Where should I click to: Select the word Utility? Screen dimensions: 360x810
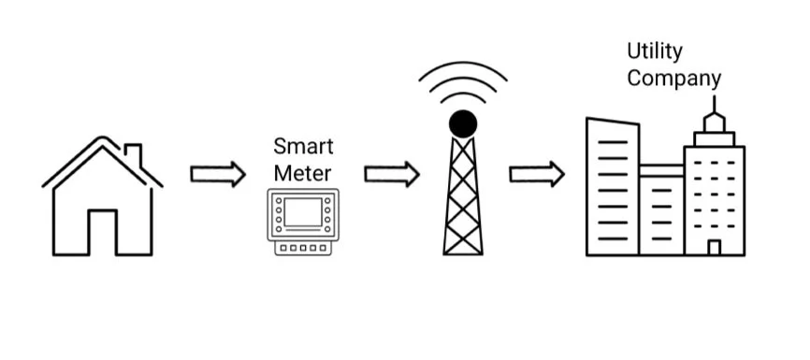[x=655, y=50]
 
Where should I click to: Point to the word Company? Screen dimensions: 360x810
[x=673, y=78]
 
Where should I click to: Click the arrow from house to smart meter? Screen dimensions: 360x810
[x=218, y=175]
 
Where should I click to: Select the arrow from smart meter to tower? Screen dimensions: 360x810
[x=391, y=174]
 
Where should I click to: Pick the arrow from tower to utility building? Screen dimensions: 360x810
[x=537, y=174]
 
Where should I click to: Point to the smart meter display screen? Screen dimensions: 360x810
[x=303, y=212]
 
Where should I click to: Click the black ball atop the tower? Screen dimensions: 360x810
[x=463, y=122]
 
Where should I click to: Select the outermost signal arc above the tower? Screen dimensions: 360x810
[x=463, y=68]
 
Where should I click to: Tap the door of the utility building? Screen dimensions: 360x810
[x=714, y=247]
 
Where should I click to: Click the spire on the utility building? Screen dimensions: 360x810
[x=715, y=108]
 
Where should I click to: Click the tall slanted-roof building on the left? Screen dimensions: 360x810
[x=613, y=187]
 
